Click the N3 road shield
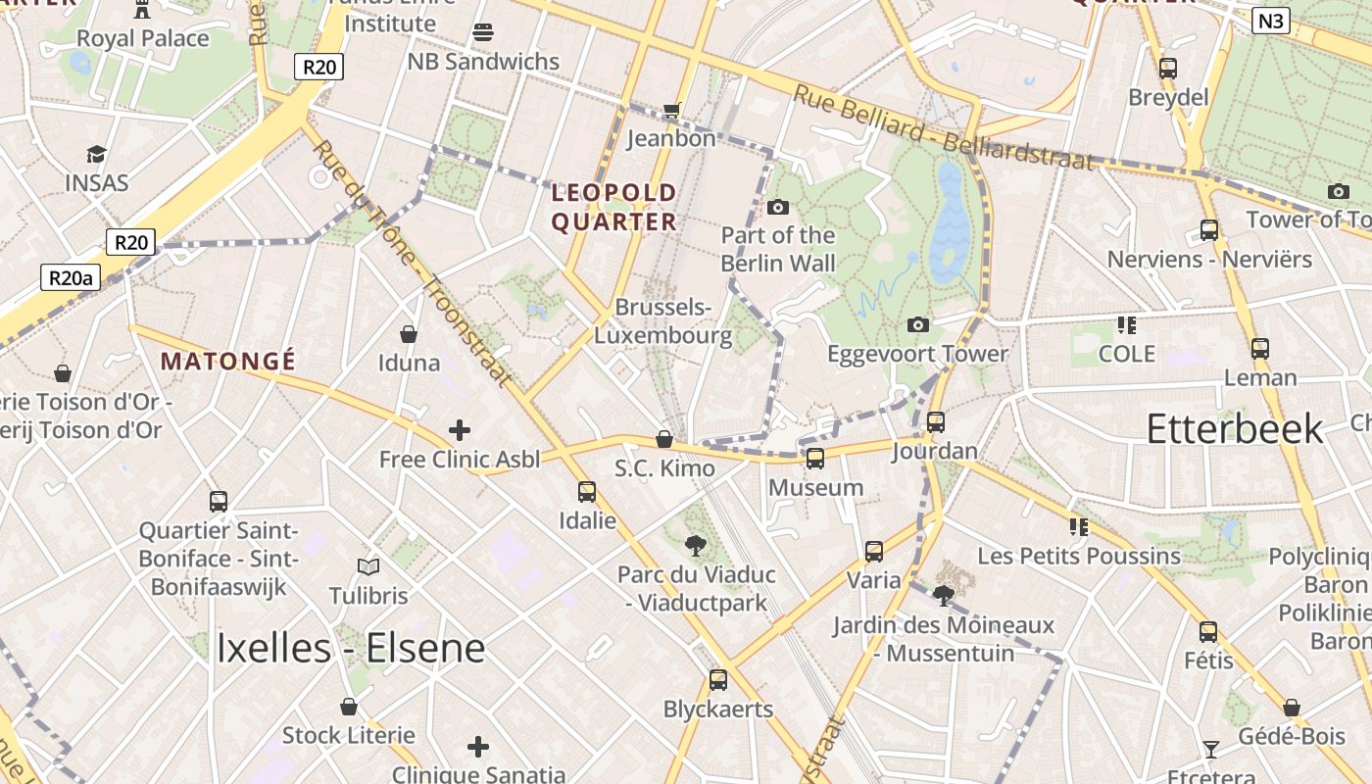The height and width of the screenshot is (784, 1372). [x=1270, y=21]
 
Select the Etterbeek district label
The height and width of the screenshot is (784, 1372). [x=1234, y=429]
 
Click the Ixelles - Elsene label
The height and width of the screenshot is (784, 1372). [x=350, y=648]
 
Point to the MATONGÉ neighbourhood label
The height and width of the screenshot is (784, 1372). [x=228, y=362]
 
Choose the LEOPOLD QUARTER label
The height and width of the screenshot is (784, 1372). [x=613, y=207]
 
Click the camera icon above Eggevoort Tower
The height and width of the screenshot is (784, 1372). [x=917, y=324]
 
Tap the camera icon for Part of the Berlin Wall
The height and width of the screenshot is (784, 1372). [x=778, y=207]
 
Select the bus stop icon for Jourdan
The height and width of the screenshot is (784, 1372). [x=936, y=422]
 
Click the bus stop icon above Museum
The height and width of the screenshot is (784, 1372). [x=814, y=458]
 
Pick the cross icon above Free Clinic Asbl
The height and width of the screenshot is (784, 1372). [x=459, y=430]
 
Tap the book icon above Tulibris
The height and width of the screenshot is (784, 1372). [x=368, y=566]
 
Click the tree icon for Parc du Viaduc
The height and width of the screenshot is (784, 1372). [x=696, y=545]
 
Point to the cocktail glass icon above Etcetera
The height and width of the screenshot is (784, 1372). [x=1211, y=750]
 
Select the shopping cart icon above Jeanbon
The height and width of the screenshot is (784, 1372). [x=671, y=110]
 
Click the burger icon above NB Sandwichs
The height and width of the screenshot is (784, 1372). [x=482, y=32]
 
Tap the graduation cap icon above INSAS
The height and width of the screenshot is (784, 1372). [x=96, y=154]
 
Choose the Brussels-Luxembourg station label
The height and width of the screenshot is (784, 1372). [x=663, y=321]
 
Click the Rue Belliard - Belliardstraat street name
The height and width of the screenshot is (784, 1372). [x=942, y=127]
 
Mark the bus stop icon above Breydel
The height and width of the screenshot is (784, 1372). [x=1167, y=69]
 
